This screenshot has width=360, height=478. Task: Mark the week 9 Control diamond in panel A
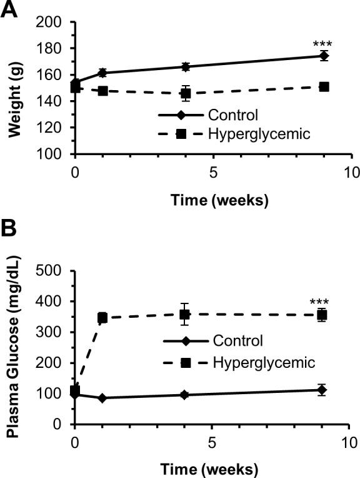point(324,56)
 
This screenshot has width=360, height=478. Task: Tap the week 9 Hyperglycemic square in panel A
point(324,86)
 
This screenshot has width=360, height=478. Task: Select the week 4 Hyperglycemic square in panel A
point(186,93)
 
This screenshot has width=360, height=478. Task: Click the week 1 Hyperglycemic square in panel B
point(102,318)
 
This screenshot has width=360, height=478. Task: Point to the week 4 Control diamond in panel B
point(185,395)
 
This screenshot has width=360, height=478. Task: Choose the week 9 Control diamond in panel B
point(322,390)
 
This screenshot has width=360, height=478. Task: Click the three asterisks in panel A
point(322,44)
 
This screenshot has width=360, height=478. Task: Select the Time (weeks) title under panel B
point(212,467)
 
